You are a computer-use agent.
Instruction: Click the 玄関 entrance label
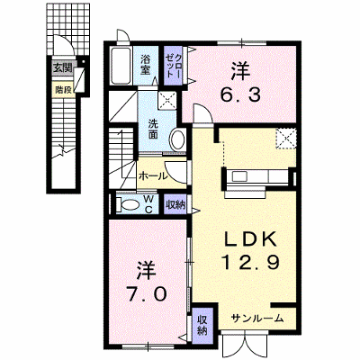(x=63, y=68)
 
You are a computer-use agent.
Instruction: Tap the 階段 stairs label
(x=63, y=89)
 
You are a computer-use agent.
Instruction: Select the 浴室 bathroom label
(x=145, y=65)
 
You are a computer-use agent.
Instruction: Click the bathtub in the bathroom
(x=121, y=66)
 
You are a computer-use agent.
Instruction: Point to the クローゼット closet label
(x=174, y=66)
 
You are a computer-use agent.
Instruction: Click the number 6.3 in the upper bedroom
(x=240, y=95)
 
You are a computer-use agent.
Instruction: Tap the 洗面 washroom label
(x=153, y=130)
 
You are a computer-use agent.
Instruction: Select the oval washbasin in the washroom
(x=178, y=140)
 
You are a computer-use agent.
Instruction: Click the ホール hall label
(x=152, y=176)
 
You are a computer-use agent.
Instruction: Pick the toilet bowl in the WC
(x=129, y=204)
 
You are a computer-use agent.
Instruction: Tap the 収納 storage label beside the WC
(x=175, y=205)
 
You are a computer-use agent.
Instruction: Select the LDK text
(x=251, y=240)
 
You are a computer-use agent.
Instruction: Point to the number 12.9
(x=251, y=261)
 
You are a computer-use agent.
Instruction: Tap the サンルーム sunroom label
(x=257, y=319)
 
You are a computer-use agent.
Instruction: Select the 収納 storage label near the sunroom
(x=202, y=326)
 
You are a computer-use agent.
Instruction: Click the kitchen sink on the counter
(x=239, y=175)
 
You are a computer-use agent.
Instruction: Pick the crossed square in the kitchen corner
(x=286, y=138)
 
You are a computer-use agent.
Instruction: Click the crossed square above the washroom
(x=167, y=100)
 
